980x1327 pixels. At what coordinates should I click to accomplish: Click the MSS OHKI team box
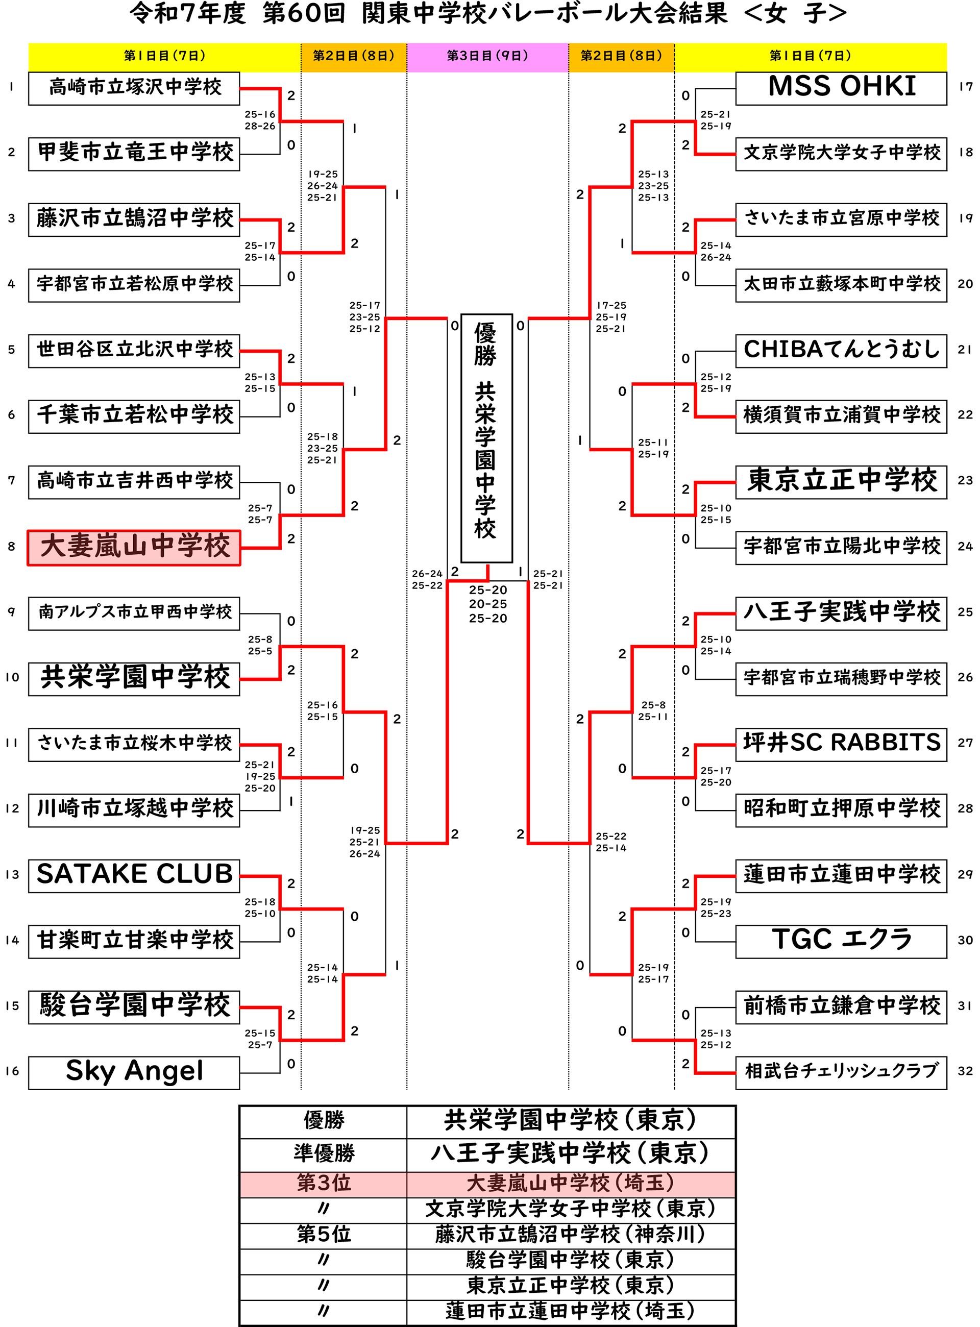(841, 88)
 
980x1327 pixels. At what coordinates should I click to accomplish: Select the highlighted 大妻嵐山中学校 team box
(134, 547)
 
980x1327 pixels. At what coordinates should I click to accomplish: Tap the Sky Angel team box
(134, 1072)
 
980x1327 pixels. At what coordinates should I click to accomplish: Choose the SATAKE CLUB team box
(134, 875)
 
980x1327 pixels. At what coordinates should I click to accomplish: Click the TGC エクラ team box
(841, 941)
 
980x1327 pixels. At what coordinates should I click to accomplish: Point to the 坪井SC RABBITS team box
(841, 744)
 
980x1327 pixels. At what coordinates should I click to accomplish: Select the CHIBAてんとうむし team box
(841, 351)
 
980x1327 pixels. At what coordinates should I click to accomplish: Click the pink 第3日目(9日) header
(487, 56)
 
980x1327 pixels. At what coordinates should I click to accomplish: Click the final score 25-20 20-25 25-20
(487, 604)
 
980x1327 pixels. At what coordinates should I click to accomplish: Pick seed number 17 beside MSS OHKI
(965, 87)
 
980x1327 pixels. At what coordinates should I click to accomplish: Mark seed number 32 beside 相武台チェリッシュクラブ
(965, 1071)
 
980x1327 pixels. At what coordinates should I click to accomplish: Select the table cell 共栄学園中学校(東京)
(570, 1120)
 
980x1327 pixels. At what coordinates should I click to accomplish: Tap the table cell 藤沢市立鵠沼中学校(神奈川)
(570, 1234)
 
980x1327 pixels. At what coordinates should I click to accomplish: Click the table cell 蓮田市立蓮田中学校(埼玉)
(570, 1311)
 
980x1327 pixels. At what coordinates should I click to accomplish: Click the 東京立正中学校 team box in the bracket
(841, 482)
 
